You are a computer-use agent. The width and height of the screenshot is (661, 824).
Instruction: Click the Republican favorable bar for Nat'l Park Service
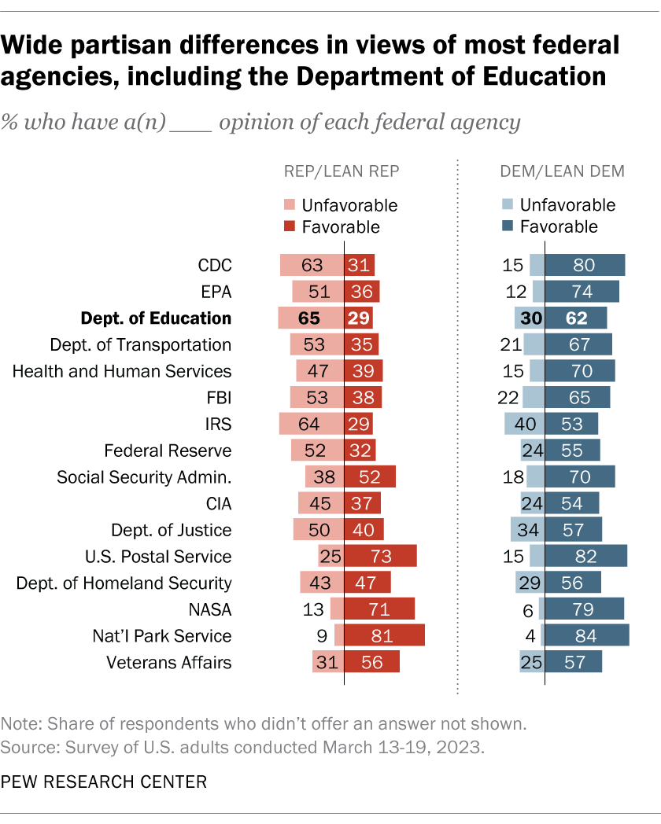click(384, 635)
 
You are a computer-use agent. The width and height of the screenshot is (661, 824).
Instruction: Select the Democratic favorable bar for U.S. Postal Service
click(586, 556)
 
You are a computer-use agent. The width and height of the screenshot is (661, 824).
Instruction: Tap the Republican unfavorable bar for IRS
click(312, 425)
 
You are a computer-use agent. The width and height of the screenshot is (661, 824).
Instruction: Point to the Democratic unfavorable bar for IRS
click(525, 425)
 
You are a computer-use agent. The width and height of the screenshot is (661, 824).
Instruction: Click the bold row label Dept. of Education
click(156, 318)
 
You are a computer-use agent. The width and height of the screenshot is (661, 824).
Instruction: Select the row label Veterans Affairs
click(169, 662)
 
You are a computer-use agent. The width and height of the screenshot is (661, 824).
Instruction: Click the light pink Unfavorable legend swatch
click(289, 206)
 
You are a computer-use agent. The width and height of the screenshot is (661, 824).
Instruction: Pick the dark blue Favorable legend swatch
click(507, 227)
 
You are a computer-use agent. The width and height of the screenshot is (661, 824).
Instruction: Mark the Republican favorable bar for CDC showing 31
click(359, 265)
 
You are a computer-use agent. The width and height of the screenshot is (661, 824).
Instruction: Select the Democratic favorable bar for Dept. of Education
click(576, 318)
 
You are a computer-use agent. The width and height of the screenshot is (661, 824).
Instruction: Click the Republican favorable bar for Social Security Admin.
click(370, 477)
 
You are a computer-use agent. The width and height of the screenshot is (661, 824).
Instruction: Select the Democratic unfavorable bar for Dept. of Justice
click(527, 530)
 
